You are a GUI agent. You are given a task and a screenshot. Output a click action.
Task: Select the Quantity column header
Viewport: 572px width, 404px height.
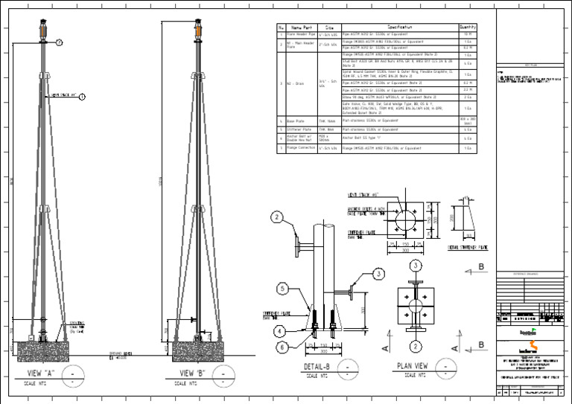coord(468,28)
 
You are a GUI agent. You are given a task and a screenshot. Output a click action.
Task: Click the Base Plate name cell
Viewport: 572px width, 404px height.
coord(300,120)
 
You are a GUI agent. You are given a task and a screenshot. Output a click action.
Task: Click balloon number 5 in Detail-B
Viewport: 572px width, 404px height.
coord(283,288)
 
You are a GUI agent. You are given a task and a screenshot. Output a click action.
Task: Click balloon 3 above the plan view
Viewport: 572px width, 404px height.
coord(416,266)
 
